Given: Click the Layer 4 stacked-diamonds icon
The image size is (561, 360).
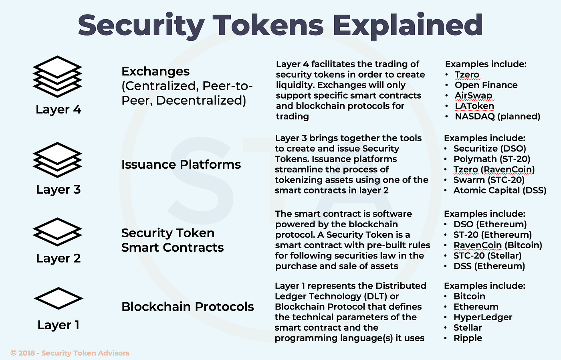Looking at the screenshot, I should tap(58, 76).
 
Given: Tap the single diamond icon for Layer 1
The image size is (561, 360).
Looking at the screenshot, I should tap(59, 298).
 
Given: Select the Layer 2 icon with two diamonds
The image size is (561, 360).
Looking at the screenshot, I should tap(58, 232).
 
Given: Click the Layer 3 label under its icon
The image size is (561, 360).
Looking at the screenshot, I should tap(59, 189).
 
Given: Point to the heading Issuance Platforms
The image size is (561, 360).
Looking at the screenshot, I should tap(181, 164).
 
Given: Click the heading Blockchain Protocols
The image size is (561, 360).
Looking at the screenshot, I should tap(188, 307).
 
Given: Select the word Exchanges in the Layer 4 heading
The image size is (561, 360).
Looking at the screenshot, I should tap(155, 71).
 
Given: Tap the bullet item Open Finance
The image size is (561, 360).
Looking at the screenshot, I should tap(486, 85).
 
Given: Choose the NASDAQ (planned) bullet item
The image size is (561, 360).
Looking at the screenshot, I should tap(497, 116).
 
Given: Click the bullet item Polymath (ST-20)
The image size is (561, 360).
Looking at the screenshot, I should tap(492, 159).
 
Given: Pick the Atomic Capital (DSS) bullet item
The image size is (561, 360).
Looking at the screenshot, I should tap(500, 190).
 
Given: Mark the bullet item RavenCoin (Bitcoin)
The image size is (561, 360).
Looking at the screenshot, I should tap(498, 245).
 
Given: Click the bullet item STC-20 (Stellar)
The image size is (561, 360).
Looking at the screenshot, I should tap(487, 256).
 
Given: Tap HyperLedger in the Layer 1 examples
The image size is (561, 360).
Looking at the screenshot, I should tap(483, 317).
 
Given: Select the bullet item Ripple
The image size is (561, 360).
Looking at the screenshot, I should tap(468, 338).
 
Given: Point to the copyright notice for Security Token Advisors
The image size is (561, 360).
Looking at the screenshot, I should tap(70, 353).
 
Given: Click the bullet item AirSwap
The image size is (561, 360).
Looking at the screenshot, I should tap(473, 95).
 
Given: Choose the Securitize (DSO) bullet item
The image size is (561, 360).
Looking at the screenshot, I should tap(490, 149).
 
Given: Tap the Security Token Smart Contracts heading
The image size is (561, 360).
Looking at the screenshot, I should tap(172, 240).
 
